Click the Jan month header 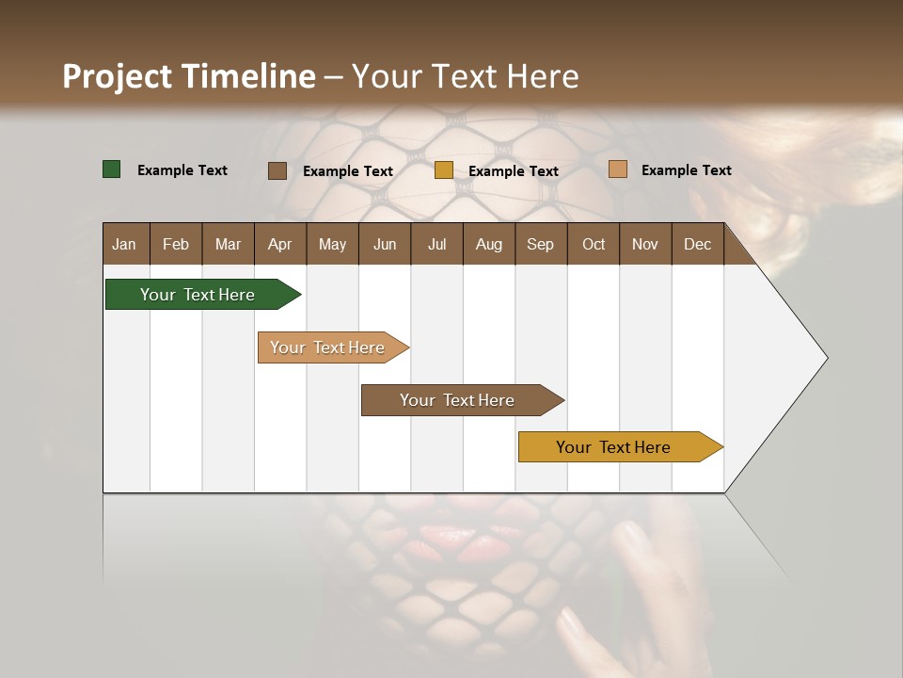(x=124, y=244)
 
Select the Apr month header (x=279, y=244)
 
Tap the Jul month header (x=436, y=244)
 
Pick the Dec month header (x=697, y=244)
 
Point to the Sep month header (x=540, y=244)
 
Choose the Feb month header (x=176, y=244)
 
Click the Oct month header (x=594, y=244)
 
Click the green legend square (x=112, y=169)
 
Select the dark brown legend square (x=277, y=170)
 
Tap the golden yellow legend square (x=444, y=170)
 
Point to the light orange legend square (x=617, y=169)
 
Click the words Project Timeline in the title (x=189, y=76)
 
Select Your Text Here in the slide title (x=465, y=76)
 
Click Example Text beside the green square (x=182, y=170)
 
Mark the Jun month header (x=385, y=244)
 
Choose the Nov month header (x=645, y=244)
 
